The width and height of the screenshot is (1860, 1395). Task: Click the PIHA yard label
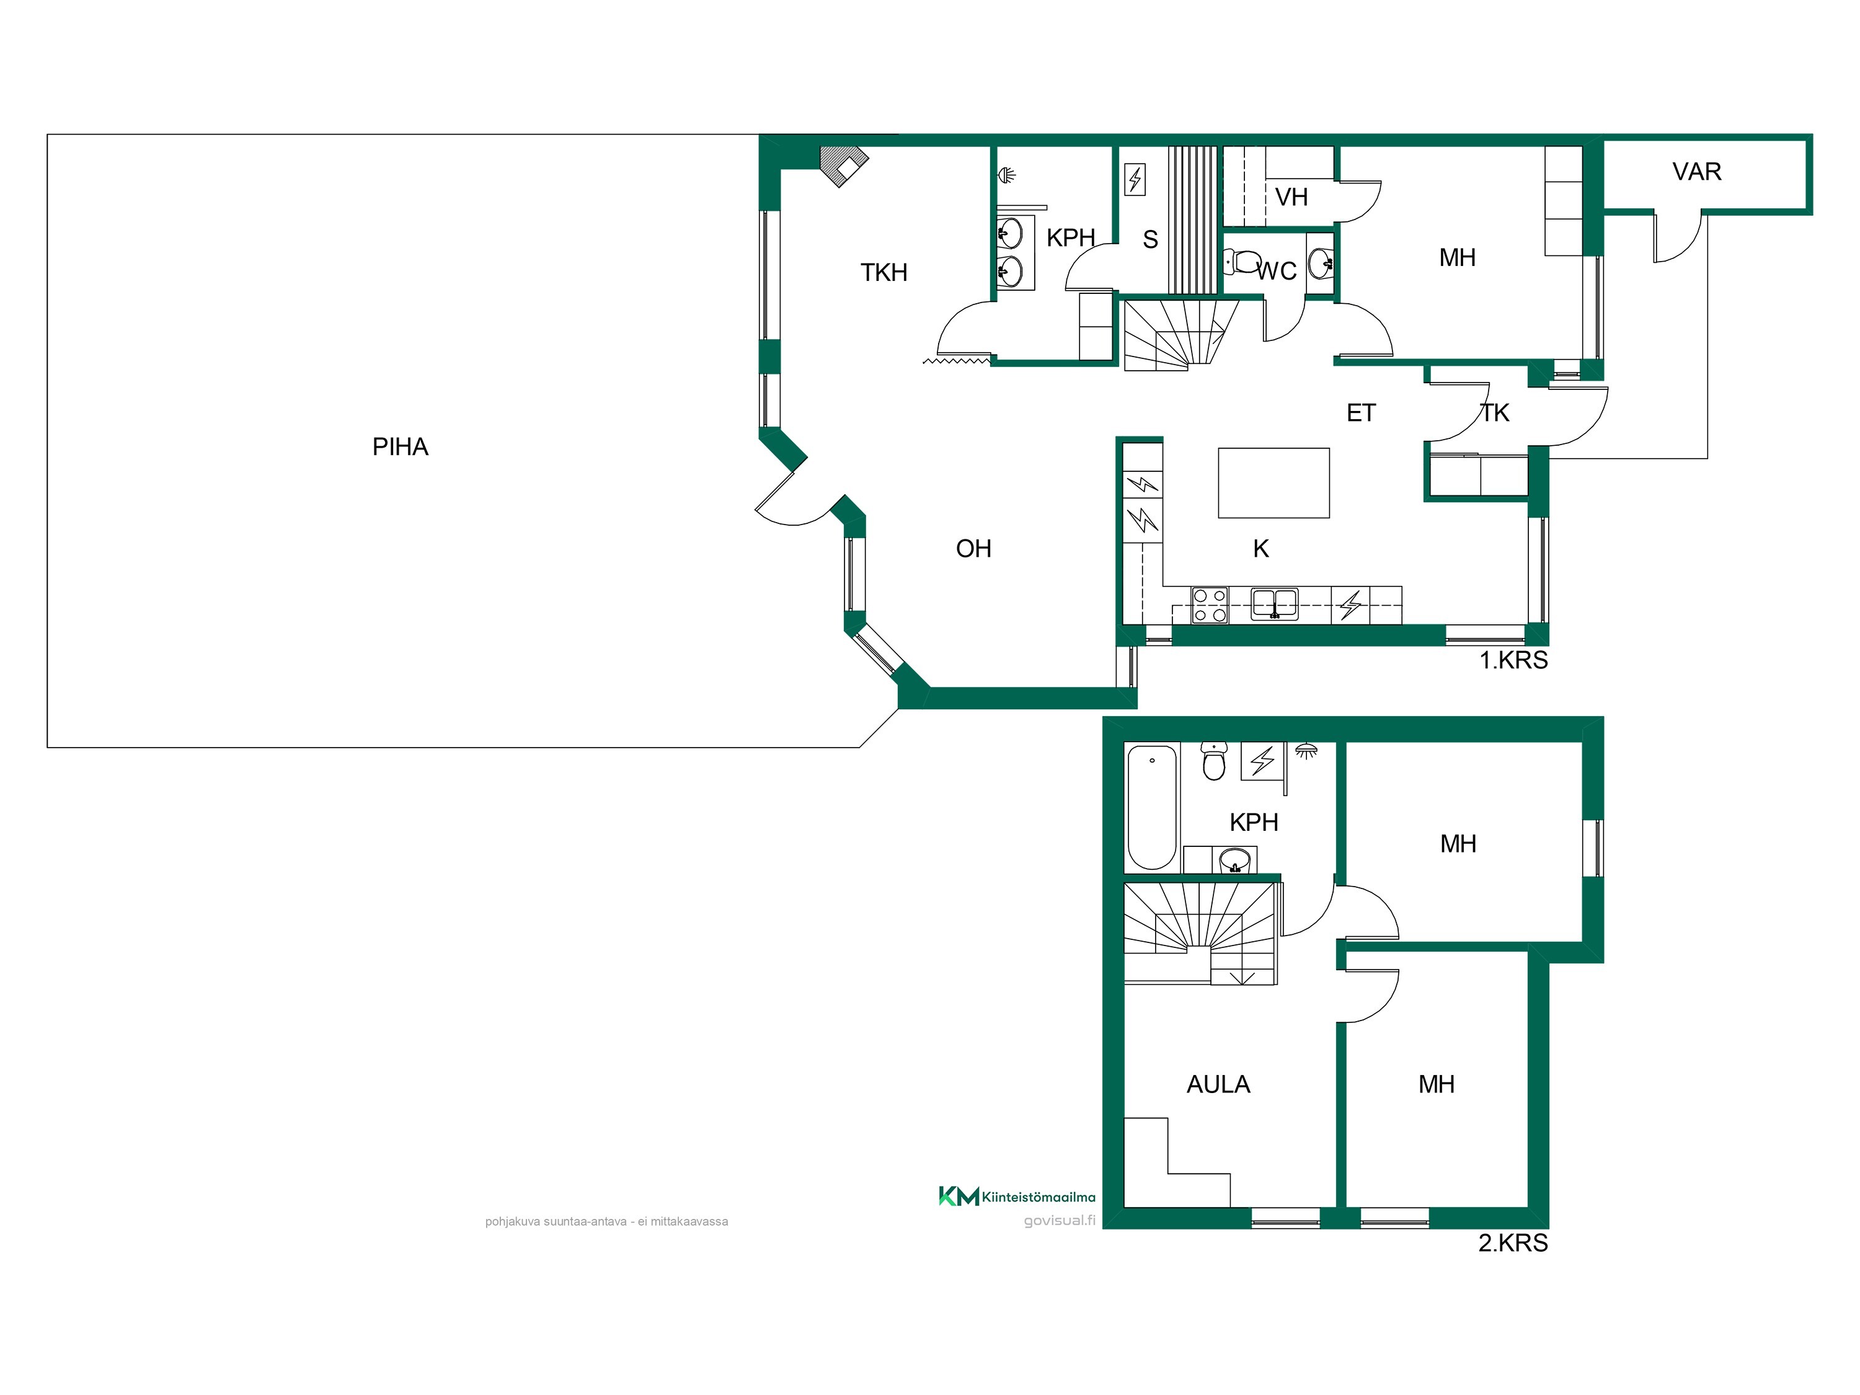pos(401,446)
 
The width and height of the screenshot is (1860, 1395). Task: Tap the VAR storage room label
pos(1697,172)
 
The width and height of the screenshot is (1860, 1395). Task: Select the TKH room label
pos(883,272)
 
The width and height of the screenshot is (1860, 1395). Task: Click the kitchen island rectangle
pos(1274,482)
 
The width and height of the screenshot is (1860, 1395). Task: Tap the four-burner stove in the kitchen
pos(1210,605)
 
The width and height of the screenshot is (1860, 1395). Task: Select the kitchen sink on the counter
pos(1275,604)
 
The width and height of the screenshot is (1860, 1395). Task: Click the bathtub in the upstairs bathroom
pos(1152,807)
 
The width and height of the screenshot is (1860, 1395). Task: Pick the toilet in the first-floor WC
pos(1241,262)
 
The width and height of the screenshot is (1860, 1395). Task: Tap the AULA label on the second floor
pos(1218,1085)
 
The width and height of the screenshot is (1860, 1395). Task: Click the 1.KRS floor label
pos(1513,660)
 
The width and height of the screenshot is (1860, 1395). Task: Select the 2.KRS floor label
pos(1513,1243)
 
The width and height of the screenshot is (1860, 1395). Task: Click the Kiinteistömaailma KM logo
pos(1017,1196)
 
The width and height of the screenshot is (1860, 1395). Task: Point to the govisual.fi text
pos(1060,1220)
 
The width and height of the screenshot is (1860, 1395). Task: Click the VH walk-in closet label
pos(1291,198)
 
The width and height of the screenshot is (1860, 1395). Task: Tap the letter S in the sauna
pos(1150,240)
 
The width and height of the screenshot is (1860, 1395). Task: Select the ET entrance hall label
pos(1362,413)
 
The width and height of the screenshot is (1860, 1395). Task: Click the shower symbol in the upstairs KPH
pos(1306,750)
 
